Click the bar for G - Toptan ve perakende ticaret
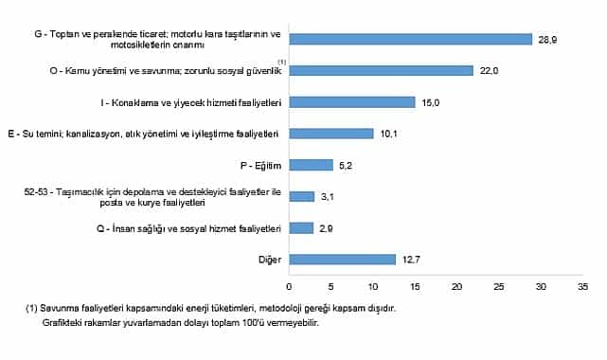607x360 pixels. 410,39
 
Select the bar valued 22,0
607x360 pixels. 381,70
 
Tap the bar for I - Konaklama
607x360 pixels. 351,101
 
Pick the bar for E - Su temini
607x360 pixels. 331,133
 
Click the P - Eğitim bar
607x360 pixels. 311,165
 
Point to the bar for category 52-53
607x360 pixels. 302,196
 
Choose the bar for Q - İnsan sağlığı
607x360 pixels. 301,227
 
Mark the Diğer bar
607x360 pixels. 342,259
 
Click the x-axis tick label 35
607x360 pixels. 582,284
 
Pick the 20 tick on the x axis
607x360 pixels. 456,284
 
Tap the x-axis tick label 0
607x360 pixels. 289,284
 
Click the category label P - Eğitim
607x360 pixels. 263,165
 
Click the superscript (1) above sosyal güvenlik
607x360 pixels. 280,62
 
